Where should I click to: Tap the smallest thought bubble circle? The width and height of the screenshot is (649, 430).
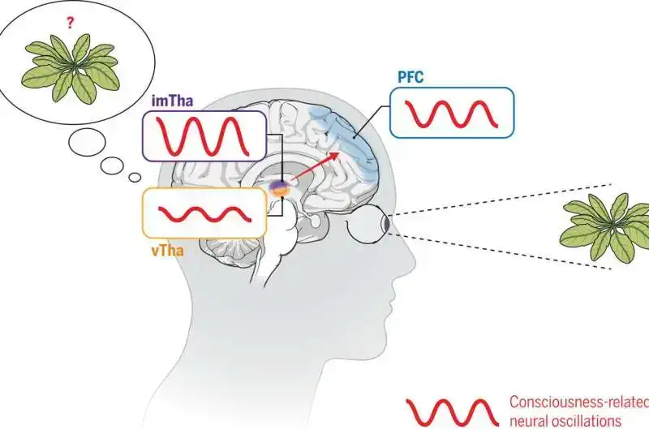coord(134,178)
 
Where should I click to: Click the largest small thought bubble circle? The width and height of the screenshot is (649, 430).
coord(87,143)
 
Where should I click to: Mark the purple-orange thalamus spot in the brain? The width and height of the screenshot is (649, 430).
coord(280,188)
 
